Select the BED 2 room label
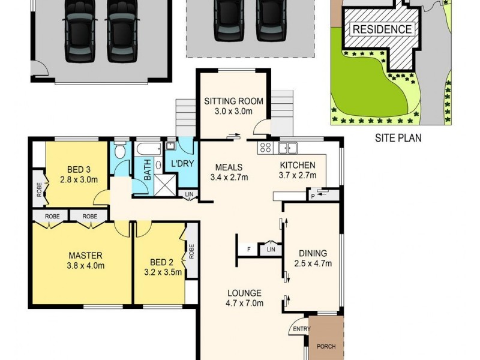coord(158,261)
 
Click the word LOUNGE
coord(244,293)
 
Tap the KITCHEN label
coord(297,166)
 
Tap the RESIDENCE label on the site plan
coord(382,29)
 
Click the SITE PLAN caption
coord(398,138)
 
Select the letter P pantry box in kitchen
coord(312,196)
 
